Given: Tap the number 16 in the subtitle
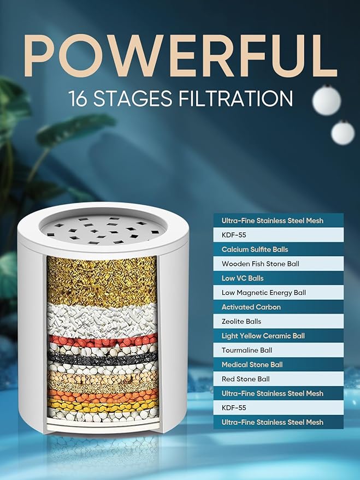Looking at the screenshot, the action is (78, 99).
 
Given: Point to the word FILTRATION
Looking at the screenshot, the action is (235, 99).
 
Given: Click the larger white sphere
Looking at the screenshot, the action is (327, 100).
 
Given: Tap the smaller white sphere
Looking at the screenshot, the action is (343, 133).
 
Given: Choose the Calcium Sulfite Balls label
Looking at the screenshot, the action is (255, 250).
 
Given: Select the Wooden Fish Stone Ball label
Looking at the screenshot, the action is (261, 264).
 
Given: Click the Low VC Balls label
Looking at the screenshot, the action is (243, 278).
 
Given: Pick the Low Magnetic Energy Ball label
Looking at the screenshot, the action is (263, 293).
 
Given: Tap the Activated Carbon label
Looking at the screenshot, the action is (251, 307).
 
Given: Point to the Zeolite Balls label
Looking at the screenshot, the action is (241, 322).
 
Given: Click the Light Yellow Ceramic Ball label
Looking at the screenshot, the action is (263, 336).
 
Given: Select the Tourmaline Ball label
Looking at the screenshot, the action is (247, 350).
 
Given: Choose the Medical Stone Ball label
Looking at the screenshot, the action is (252, 365).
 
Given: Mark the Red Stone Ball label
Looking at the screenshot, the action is (245, 379).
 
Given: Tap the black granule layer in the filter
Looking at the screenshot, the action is (103, 358).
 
